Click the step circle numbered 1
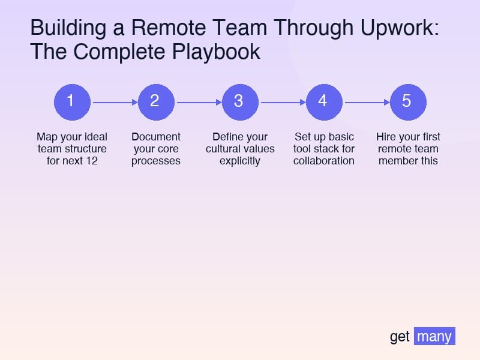[72, 102]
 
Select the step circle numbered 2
[156, 102]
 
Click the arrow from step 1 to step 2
[114, 103]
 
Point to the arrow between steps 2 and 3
[198, 103]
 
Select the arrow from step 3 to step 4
[282, 103]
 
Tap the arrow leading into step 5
[366, 103]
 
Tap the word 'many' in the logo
[434, 336]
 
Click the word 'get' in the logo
[400, 337]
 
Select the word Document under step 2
[156, 137]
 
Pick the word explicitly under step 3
[240, 161]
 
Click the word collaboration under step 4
[324, 161]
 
